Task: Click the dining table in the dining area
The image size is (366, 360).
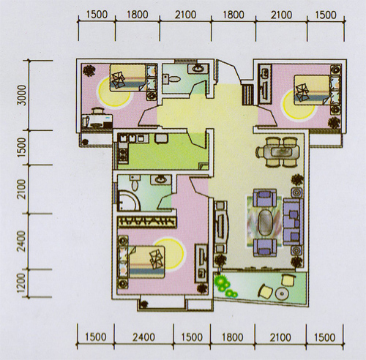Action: point(278,152)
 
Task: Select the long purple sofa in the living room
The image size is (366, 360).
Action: point(293,222)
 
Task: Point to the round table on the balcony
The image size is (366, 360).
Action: point(282,293)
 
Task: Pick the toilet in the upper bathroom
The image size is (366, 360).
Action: point(171,79)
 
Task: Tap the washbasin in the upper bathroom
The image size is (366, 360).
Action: point(198,68)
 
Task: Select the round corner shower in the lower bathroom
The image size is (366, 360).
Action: point(129,200)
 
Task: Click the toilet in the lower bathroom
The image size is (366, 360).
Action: point(135,182)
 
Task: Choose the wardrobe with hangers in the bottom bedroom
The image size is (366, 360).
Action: point(147,222)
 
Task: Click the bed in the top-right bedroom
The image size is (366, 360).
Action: point(317,90)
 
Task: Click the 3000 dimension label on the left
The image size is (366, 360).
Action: point(23,95)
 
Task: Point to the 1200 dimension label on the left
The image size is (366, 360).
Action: point(21,283)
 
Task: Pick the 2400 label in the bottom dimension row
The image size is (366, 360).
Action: point(143,337)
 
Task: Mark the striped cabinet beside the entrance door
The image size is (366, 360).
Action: point(248,94)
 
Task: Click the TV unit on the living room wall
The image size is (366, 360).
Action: point(222,227)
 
